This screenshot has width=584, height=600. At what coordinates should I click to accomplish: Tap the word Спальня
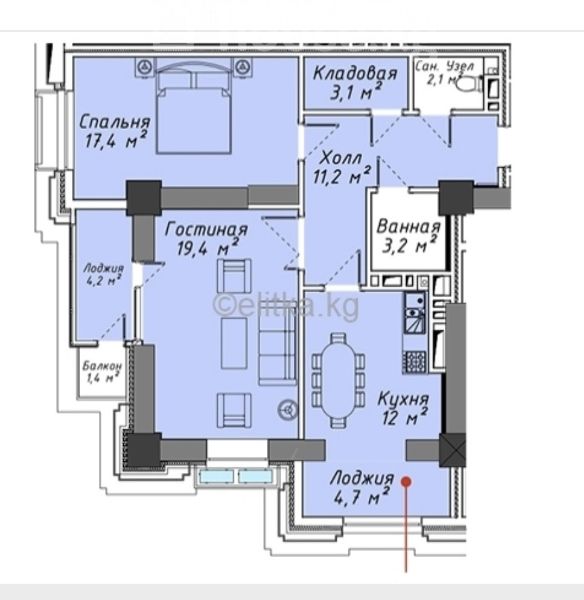[x=115, y=122]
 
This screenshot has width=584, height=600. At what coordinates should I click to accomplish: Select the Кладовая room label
[x=355, y=73]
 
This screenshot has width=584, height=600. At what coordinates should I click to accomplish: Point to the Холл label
[x=341, y=157]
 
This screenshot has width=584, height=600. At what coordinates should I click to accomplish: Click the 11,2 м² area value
[x=342, y=176]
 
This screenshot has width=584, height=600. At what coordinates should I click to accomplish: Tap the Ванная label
[x=408, y=226]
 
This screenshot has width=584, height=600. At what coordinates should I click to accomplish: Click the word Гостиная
[x=206, y=229]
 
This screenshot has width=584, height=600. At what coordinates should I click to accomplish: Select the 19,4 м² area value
[x=208, y=247]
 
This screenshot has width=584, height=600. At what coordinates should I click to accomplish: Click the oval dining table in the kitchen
[x=338, y=380]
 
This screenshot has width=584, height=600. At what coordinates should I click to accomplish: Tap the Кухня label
[x=403, y=399]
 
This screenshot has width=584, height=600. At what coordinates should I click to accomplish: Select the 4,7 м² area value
[x=361, y=496]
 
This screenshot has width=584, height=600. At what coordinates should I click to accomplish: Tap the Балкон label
[x=102, y=366]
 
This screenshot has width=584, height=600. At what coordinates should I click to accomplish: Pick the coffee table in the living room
[x=234, y=343]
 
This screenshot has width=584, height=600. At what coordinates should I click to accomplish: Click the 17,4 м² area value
[x=115, y=141]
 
